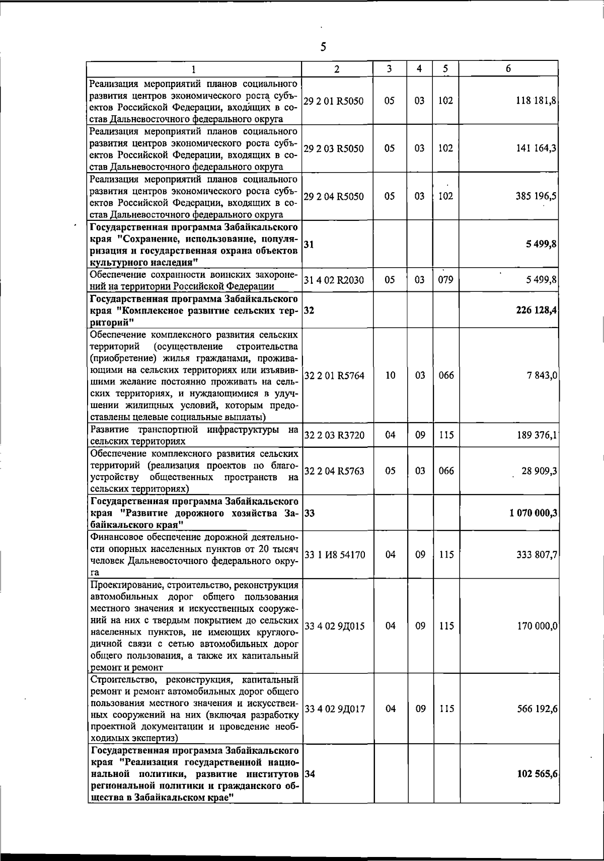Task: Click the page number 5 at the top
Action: (x=323, y=47)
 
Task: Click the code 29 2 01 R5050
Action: (x=334, y=101)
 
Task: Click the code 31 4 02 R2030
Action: (x=334, y=280)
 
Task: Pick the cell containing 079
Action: (x=445, y=280)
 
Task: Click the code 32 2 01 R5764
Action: (x=334, y=376)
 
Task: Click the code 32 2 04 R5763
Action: (x=334, y=472)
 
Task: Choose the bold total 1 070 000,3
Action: (x=533, y=513)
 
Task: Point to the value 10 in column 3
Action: (x=390, y=375)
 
